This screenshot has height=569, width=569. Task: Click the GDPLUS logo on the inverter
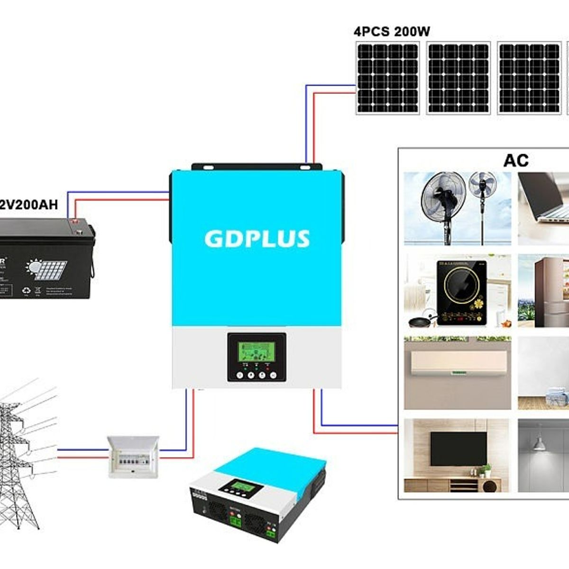click(257, 239)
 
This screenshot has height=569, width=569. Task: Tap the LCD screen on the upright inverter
click(257, 352)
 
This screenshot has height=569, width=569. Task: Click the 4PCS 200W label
click(392, 32)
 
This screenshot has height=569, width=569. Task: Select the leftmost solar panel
click(387, 78)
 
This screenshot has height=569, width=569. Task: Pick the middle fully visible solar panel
click(458, 78)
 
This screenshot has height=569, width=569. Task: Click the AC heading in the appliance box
click(515, 161)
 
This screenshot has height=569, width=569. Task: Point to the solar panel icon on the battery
click(47, 269)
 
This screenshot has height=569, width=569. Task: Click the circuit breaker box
click(133, 456)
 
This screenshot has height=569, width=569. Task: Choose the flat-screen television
click(458, 449)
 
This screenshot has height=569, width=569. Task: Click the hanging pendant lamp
click(538, 444)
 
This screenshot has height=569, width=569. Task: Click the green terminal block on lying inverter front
click(236, 522)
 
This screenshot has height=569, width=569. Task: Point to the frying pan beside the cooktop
click(421, 321)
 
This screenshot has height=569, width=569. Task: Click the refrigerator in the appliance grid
click(550, 292)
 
